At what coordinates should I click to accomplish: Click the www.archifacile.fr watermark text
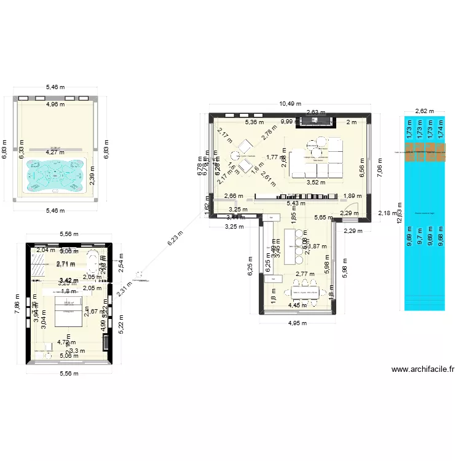point(422,369)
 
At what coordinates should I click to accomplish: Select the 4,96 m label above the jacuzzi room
point(55,104)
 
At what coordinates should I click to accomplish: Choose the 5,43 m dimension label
point(297,203)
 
